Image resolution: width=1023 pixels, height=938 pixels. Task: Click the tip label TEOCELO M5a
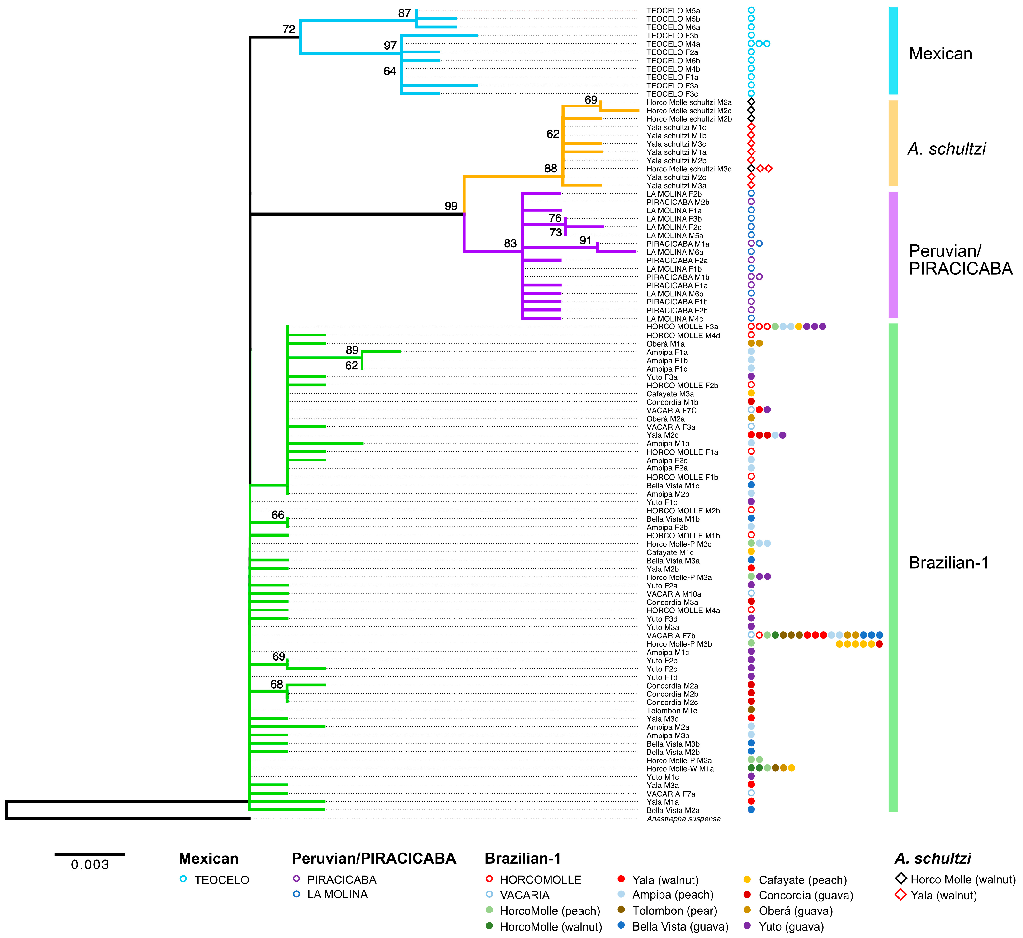click(x=673, y=11)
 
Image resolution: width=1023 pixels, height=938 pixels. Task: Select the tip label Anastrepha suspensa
click(x=683, y=819)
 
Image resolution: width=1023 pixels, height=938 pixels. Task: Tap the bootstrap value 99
click(x=451, y=206)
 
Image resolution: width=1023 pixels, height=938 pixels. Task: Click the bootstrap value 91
click(x=585, y=241)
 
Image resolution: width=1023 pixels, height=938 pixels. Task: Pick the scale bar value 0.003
click(x=90, y=865)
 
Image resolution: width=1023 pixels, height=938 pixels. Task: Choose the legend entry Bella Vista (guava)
click(x=680, y=927)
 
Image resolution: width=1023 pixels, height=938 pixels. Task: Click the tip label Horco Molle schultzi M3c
click(x=689, y=169)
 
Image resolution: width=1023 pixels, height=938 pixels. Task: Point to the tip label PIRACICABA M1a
click(x=678, y=244)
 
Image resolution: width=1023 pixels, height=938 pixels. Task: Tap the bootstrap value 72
click(x=289, y=29)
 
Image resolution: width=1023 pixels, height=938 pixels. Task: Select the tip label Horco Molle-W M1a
click(x=680, y=769)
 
